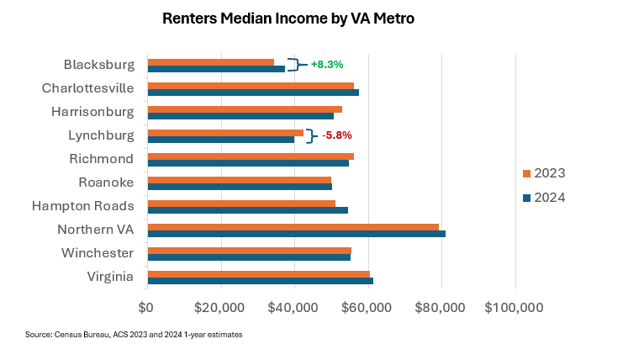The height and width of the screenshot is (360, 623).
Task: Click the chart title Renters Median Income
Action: point(288,17)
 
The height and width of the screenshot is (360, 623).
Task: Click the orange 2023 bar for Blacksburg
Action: point(211,61)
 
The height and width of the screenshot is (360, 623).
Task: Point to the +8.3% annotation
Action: point(327,64)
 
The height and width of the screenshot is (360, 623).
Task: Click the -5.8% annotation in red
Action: point(337,135)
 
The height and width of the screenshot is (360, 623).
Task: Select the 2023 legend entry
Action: point(543,173)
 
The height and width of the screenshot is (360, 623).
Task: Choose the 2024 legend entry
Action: point(543,198)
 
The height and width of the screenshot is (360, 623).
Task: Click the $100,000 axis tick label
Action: point(515,306)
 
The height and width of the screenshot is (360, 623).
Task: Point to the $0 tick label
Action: point(146,306)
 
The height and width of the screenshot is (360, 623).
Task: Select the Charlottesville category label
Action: point(87,87)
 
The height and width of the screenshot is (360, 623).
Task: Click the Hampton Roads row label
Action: point(82,205)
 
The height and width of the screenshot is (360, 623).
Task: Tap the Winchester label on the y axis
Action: point(98,252)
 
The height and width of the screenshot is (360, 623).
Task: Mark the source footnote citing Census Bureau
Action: point(134,335)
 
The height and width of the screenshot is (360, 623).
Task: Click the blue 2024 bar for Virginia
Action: point(260,280)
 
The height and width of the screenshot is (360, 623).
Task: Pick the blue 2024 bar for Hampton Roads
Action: point(247,209)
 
